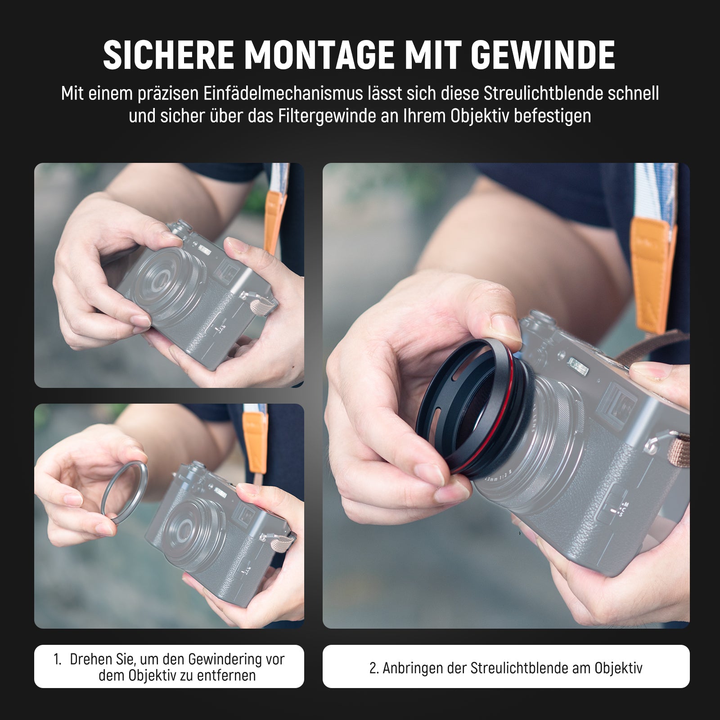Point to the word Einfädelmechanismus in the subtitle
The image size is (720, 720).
283,94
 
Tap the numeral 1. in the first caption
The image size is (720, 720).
57,660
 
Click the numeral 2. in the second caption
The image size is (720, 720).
374,668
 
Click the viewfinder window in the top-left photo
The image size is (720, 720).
226,273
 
